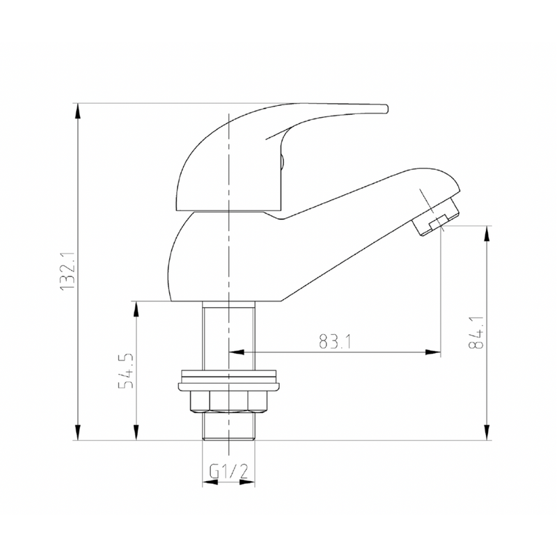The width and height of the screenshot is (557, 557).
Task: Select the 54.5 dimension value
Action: pos(126,372)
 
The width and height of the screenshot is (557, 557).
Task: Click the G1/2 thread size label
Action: pos(229,471)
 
